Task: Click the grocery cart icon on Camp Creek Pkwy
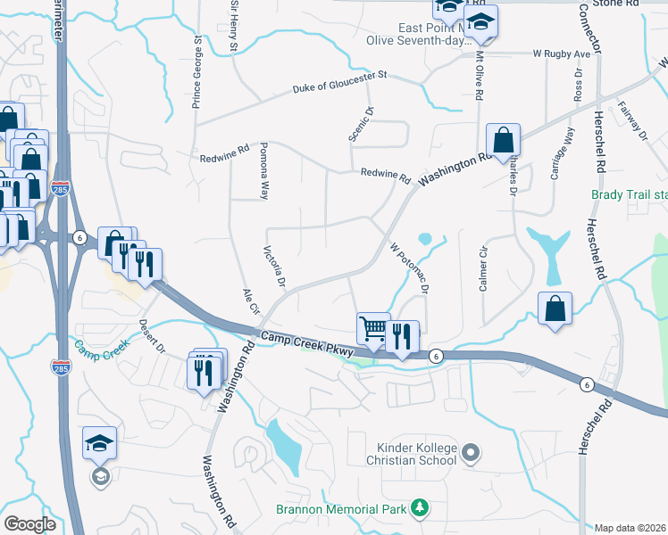coord(372,328)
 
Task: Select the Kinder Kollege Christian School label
coord(411,453)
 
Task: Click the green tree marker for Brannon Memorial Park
coord(418,509)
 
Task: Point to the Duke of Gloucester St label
coord(342,82)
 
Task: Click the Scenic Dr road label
coord(366,123)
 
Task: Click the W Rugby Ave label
coord(563,53)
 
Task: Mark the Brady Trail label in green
coord(629,194)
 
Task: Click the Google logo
coord(29,523)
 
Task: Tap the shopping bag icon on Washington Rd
coord(503,140)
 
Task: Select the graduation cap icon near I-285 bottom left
coord(99,442)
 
